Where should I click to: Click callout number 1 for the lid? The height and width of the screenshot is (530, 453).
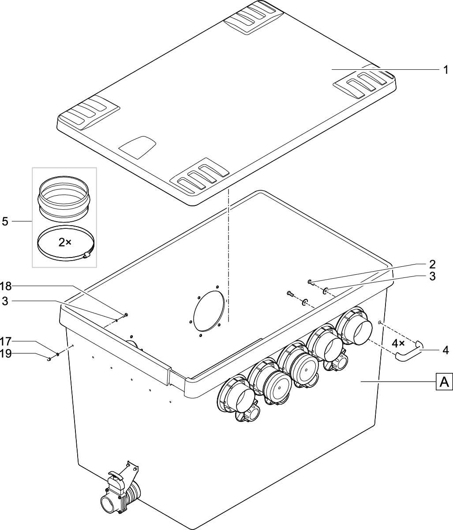pyautogui.click(x=446, y=70)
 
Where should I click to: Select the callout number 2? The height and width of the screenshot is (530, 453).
pyautogui.click(x=432, y=264)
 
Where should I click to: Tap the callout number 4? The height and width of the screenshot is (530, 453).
pyautogui.click(x=446, y=350)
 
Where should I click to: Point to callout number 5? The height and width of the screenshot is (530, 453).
pyautogui.click(x=5, y=221)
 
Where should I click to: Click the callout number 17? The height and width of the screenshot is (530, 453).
pyautogui.click(x=5, y=341)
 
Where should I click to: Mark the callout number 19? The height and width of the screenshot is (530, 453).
pyautogui.click(x=5, y=353)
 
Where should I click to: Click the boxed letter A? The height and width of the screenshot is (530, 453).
pyautogui.click(x=444, y=382)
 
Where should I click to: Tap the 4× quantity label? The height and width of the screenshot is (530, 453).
pyautogui.click(x=399, y=343)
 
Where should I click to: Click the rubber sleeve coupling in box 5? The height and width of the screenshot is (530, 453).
pyautogui.click(x=64, y=197)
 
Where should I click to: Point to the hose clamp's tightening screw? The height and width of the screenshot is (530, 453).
pyautogui.click(x=87, y=255)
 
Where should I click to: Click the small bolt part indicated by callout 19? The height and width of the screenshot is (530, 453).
pyautogui.click(x=49, y=359)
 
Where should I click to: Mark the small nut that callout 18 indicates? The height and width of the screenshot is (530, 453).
pyautogui.click(x=126, y=314)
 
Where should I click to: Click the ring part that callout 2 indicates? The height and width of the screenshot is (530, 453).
pyautogui.click(x=310, y=282)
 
